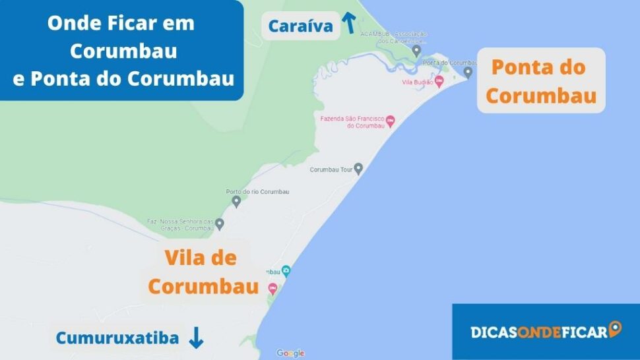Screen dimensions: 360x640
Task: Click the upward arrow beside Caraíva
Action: (348, 24)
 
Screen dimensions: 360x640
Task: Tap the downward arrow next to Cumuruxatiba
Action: (196, 338)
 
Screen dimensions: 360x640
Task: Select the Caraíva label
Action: (300, 27)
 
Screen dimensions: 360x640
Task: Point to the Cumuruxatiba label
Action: (117, 338)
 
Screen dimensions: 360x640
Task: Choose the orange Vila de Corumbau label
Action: (203, 272)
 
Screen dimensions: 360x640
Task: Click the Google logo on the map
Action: (290, 353)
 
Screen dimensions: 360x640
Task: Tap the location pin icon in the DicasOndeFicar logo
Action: (615, 328)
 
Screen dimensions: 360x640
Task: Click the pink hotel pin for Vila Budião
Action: (439, 80)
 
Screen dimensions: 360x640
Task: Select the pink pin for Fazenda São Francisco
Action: (391, 121)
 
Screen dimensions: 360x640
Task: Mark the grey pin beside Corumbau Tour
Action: (358, 169)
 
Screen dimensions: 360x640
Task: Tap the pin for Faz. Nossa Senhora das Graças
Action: (220, 224)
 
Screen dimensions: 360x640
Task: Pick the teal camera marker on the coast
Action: (286, 270)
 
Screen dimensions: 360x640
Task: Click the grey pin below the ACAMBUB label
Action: (416, 50)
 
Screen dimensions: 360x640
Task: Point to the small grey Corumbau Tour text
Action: (331, 169)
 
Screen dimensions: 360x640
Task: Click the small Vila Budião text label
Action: (417, 82)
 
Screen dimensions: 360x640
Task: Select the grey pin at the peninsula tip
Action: (468, 72)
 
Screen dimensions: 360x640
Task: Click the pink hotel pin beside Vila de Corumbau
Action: (272, 288)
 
